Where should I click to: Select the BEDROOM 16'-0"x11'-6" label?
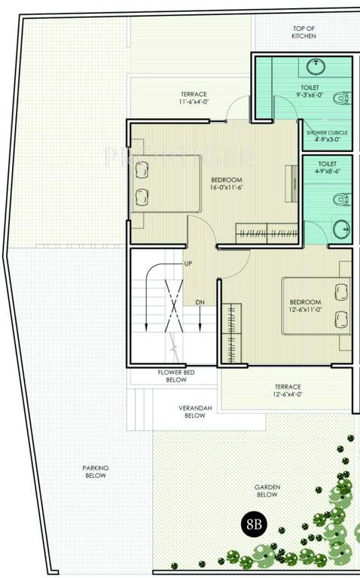tap(226, 183)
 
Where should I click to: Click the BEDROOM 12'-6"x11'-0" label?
tap(306, 304)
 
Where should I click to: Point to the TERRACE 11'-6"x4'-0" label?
tap(194, 98)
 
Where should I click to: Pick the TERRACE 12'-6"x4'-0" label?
tap(287, 390)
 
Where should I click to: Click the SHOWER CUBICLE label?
tap(326, 136)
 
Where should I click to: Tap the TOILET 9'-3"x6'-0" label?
tap(310, 92)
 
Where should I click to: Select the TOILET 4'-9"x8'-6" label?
tap(327, 167)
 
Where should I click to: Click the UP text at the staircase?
tap(188, 264)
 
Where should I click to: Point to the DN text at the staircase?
tap(200, 302)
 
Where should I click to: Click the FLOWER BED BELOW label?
tap(176, 376)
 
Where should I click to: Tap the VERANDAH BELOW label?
tap(193, 411)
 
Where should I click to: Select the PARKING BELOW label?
tap(96, 472)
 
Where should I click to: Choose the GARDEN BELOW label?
tap(267, 491)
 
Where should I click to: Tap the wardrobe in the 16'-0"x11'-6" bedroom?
tap(267, 233)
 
